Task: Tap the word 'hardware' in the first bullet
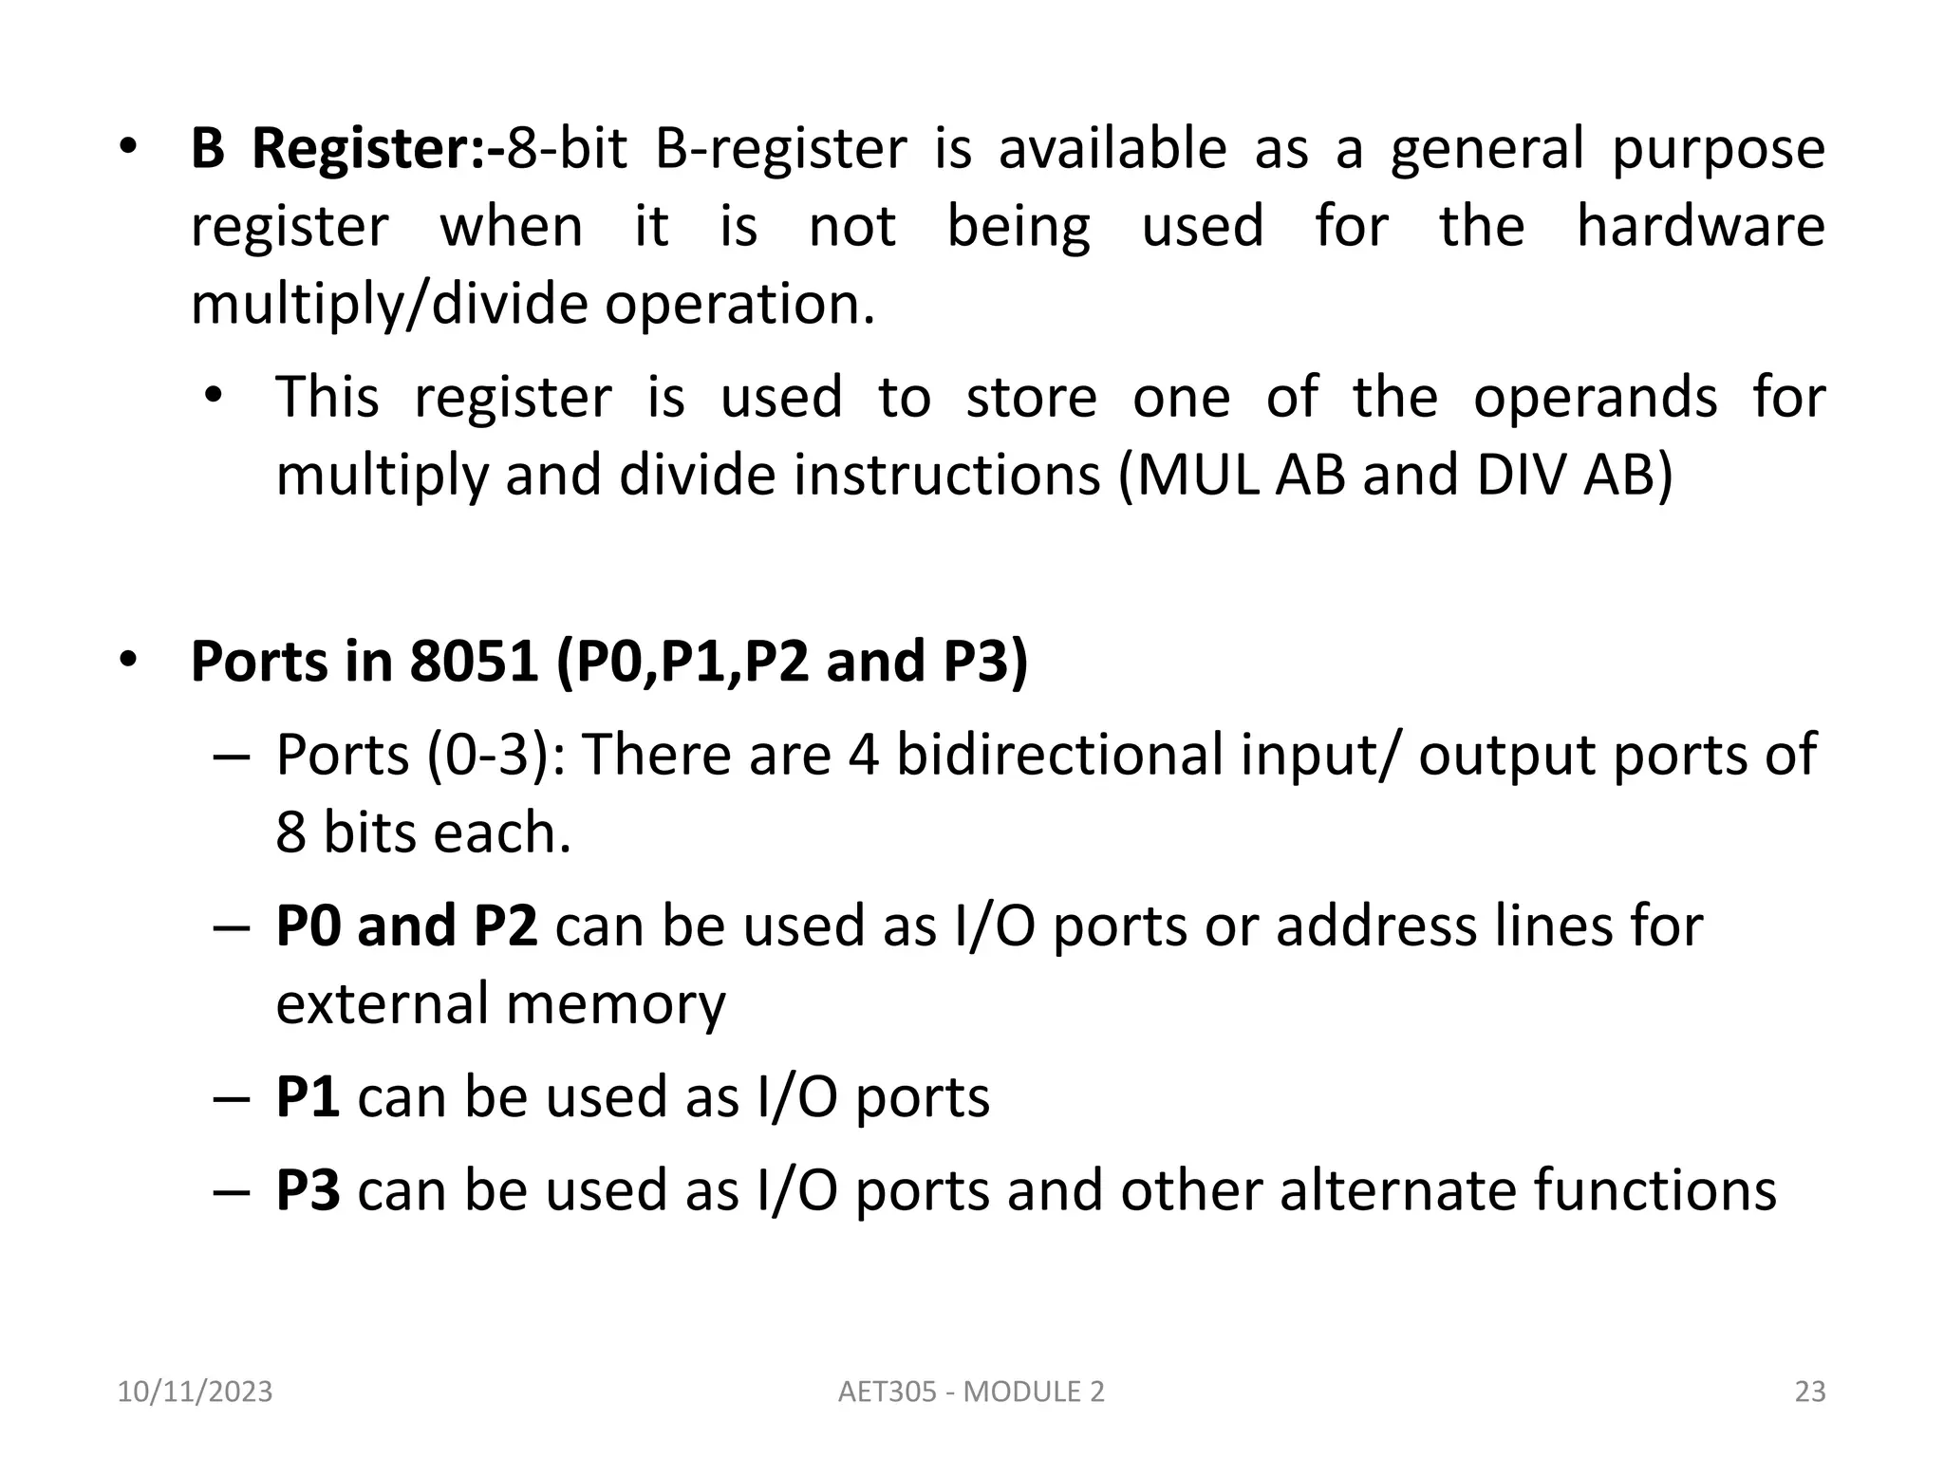[x=1700, y=227]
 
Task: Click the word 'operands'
[x=1595, y=397]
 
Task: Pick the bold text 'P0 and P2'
[x=406, y=926]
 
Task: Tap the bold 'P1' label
[x=308, y=1097]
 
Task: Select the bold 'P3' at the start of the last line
[x=308, y=1190]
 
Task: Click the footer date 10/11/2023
[x=195, y=1393]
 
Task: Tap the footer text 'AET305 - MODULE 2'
[x=972, y=1393]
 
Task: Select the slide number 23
[x=1810, y=1393]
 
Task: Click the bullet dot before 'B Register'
[x=128, y=149]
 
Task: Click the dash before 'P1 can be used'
[x=232, y=1099]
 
